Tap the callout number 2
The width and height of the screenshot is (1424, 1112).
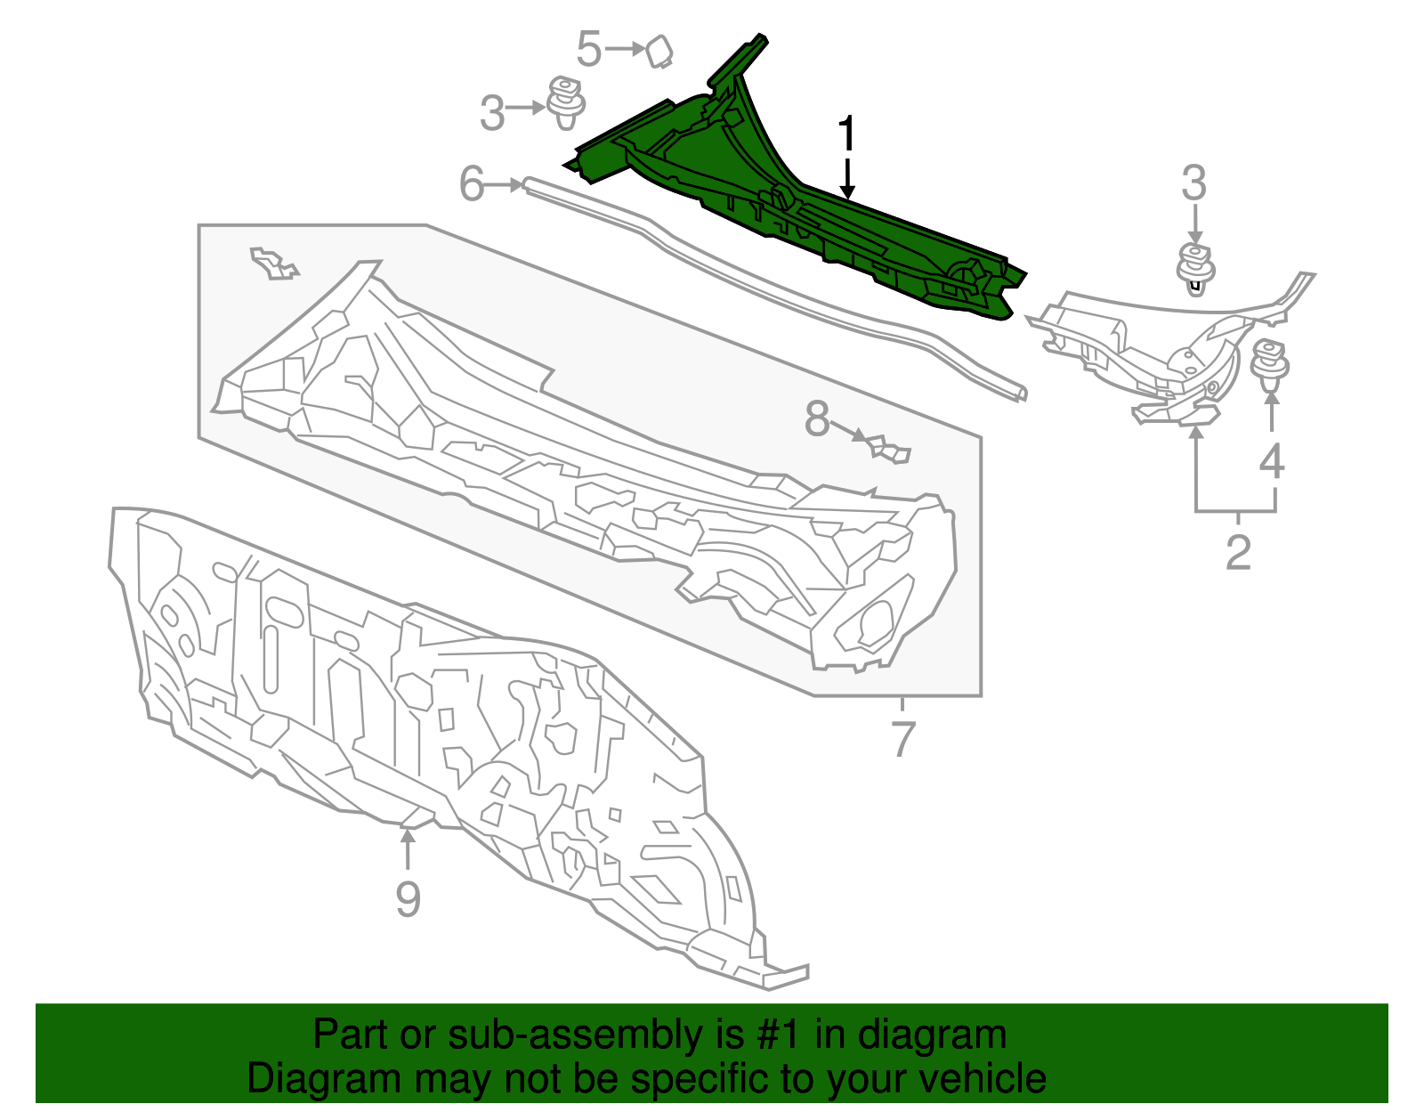click(1238, 553)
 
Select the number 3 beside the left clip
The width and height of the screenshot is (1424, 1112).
click(491, 114)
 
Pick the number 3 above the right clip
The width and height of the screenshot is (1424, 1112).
click(1193, 183)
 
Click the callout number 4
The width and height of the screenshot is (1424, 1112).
click(1272, 461)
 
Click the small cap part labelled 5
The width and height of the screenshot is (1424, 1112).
click(659, 51)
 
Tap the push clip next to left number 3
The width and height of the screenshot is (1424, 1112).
click(564, 102)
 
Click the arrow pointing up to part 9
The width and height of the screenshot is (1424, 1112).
click(408, 846)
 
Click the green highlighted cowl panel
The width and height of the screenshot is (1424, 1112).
click(801, 214)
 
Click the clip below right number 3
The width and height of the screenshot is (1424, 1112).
click(1195, 265)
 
